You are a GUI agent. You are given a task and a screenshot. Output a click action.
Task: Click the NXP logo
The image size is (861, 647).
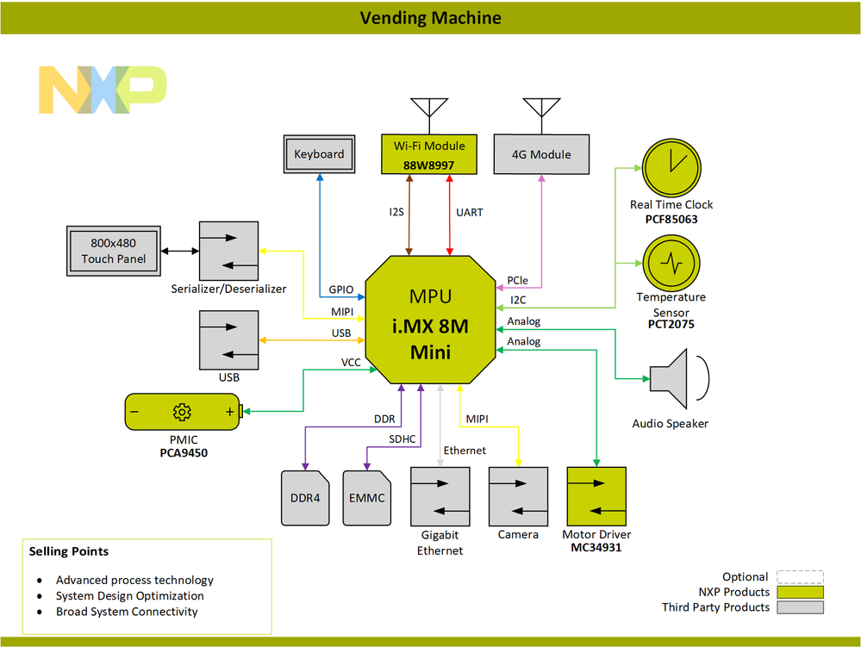(x=103, y=90)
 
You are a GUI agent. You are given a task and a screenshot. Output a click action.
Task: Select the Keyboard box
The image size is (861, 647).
(x=319, y=154)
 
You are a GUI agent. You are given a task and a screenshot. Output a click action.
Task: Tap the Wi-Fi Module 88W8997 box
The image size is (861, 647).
(x=428, y=154)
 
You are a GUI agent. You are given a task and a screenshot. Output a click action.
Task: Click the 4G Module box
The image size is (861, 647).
(x=541, y=155)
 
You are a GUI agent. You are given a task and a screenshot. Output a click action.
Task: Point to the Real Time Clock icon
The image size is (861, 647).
(x=671, y=166)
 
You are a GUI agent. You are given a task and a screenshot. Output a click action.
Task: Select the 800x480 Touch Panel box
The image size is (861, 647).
(x=114, y=251)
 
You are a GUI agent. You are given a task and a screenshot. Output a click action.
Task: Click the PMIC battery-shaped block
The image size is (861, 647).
(x=182, y=412)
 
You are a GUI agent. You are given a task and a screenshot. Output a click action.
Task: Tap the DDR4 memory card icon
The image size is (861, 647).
(x=305, y=498)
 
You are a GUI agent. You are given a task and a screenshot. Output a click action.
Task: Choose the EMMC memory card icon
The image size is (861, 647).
(x=367, y=498)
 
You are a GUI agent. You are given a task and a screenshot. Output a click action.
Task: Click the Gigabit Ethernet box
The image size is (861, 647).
(x=440, y=496)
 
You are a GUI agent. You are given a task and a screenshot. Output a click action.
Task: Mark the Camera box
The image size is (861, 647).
(x=518, y=496)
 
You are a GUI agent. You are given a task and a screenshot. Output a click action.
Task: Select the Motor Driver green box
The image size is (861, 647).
(x=596, y=496)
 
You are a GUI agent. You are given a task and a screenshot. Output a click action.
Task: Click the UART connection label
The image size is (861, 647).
(x=469, y=212)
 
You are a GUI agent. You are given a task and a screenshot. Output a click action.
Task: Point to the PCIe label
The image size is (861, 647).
(x=518, y=281)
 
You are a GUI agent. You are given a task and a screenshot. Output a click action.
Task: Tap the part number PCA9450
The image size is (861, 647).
(x=184, y=453)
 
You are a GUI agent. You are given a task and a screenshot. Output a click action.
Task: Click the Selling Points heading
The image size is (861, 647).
(x=69, y=551)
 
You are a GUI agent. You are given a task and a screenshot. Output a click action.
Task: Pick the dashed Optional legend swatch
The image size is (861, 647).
(x=800, y=577)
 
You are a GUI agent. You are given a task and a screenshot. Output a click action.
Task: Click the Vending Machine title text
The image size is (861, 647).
(x=430, y=17)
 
